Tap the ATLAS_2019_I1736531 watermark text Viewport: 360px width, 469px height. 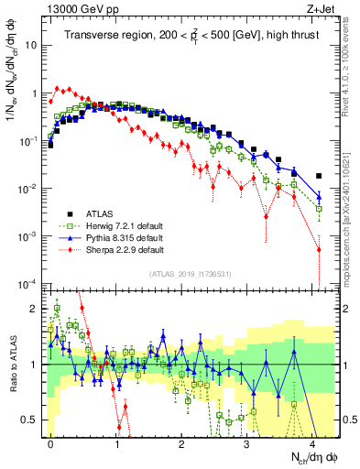pos(189,274)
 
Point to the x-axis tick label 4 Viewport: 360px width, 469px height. pos(312,442)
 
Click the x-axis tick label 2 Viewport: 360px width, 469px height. pos(182,442)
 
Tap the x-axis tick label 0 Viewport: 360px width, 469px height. pos(50,442)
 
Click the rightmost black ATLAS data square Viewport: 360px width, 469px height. pos(319,176)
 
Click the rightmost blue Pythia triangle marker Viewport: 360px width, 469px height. pos(319,197)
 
